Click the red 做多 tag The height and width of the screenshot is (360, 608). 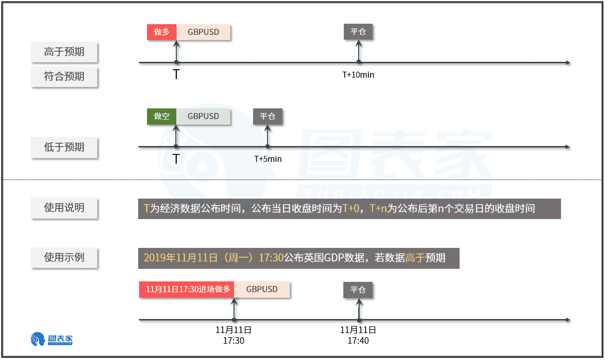161,32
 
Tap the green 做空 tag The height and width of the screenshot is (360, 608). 161,116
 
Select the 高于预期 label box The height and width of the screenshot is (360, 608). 64,52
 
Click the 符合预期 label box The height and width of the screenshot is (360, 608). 64,76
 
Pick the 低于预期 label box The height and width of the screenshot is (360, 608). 64,147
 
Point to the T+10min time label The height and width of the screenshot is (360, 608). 358,75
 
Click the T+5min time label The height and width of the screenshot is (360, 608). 267,159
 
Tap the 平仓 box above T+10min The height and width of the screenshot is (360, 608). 358,32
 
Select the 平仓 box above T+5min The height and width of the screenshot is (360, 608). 267,116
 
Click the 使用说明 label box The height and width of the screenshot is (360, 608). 64,208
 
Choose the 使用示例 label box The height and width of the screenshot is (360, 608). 64,257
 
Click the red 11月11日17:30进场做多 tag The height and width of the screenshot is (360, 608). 187,289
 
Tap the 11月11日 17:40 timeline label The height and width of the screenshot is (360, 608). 358,335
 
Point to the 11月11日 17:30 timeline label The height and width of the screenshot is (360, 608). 234,335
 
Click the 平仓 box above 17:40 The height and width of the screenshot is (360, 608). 358,290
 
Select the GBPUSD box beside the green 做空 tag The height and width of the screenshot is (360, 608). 203,116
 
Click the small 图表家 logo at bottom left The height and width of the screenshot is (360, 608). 52,339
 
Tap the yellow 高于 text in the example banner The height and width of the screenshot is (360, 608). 415,258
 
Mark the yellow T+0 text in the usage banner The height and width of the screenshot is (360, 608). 351,208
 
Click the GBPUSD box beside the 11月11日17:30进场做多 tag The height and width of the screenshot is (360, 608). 262,289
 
